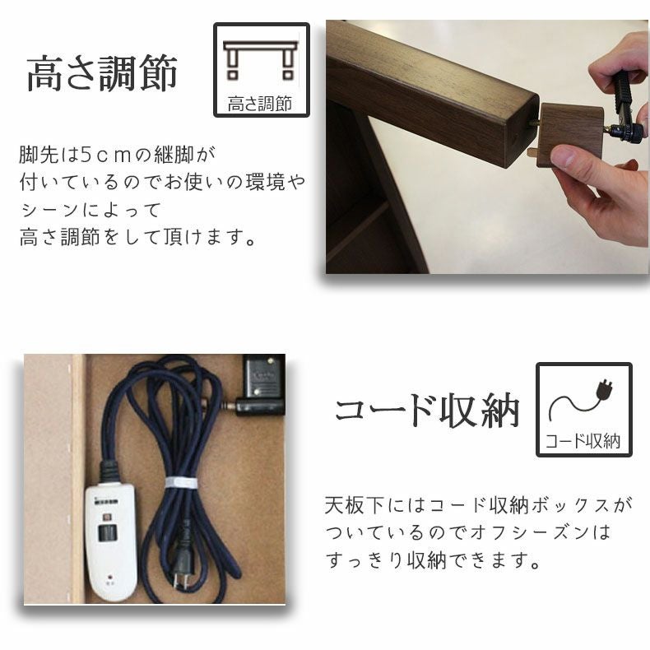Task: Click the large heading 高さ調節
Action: (102, 74)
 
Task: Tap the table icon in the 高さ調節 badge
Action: (261, 60)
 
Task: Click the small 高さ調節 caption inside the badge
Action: (260, 104)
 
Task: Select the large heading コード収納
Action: (427, 410)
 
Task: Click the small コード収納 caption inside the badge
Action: (583, 441)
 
